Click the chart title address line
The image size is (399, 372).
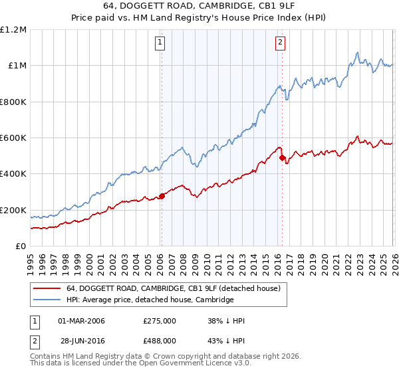point(200,6)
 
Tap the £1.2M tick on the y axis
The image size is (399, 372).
point(13,30)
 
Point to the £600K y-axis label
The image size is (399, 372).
point(13,138)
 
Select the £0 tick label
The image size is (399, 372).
point(21,246)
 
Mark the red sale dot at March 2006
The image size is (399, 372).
point(162,196)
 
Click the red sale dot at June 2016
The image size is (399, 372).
point(282,157)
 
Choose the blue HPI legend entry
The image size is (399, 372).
point(150,300)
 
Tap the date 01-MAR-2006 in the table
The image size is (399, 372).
point(81,321)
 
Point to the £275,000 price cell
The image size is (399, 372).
point(160,321)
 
